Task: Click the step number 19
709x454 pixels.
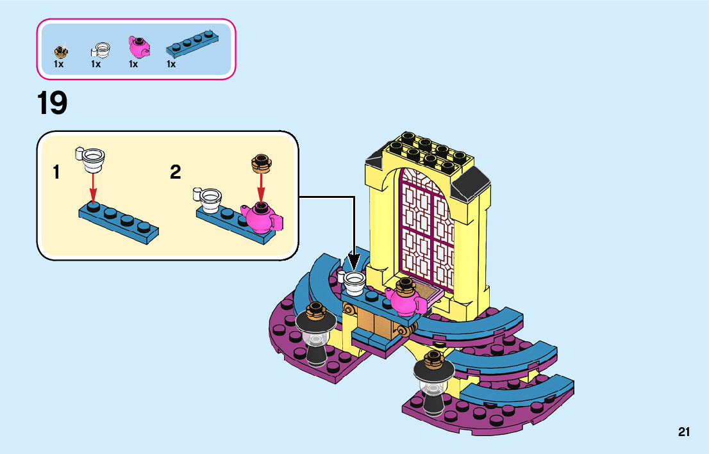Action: point(52,103)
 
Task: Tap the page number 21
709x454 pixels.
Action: point(683,432)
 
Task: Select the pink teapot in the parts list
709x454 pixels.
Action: point(139,47)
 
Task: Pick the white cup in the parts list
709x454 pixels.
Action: point(101,49)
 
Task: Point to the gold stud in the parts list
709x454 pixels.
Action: point(61,51)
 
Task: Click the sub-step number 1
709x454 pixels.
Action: point(57,172)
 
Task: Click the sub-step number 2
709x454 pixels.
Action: point(175,172)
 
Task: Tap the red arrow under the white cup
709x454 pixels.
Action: point(93,188)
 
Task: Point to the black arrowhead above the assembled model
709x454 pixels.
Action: point(354,263)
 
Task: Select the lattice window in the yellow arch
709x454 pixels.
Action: point(428,227)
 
